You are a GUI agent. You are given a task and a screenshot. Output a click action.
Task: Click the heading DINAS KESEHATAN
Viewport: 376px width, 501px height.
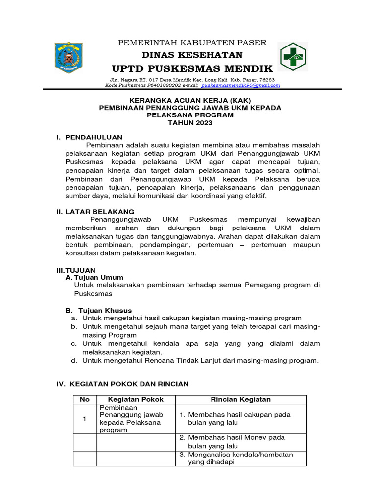click(192, 54)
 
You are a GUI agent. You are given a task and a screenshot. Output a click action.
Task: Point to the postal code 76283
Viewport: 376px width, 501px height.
click(266, 79)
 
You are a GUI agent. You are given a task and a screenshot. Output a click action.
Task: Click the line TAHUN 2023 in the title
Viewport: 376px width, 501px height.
click(190, 123)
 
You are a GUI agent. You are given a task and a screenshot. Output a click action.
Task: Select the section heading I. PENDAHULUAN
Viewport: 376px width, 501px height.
click(90, 137)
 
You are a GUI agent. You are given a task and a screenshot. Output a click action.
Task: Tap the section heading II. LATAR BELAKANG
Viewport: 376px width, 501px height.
click(95, 211)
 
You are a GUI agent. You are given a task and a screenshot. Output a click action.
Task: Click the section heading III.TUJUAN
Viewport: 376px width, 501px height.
click(76, 270)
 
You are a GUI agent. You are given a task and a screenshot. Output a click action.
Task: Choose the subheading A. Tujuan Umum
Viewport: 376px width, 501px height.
click(94, 277)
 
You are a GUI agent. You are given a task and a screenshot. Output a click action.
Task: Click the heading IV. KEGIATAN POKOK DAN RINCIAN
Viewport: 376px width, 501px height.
click(123, 384)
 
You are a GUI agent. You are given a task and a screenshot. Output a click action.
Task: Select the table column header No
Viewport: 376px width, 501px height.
click(84, 399)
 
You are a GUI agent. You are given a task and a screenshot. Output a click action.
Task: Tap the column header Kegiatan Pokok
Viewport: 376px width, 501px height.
click(136, 399)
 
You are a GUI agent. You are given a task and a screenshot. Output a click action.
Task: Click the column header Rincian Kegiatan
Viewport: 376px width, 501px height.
click(240, 399)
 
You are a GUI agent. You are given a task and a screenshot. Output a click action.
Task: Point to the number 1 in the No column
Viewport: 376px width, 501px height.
click(84, 419)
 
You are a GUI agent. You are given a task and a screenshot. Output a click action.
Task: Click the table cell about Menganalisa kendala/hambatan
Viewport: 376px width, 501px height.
click(240, 458)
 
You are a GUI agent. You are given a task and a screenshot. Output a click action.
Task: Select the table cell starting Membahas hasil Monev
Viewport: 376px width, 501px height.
click(240, 442)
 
